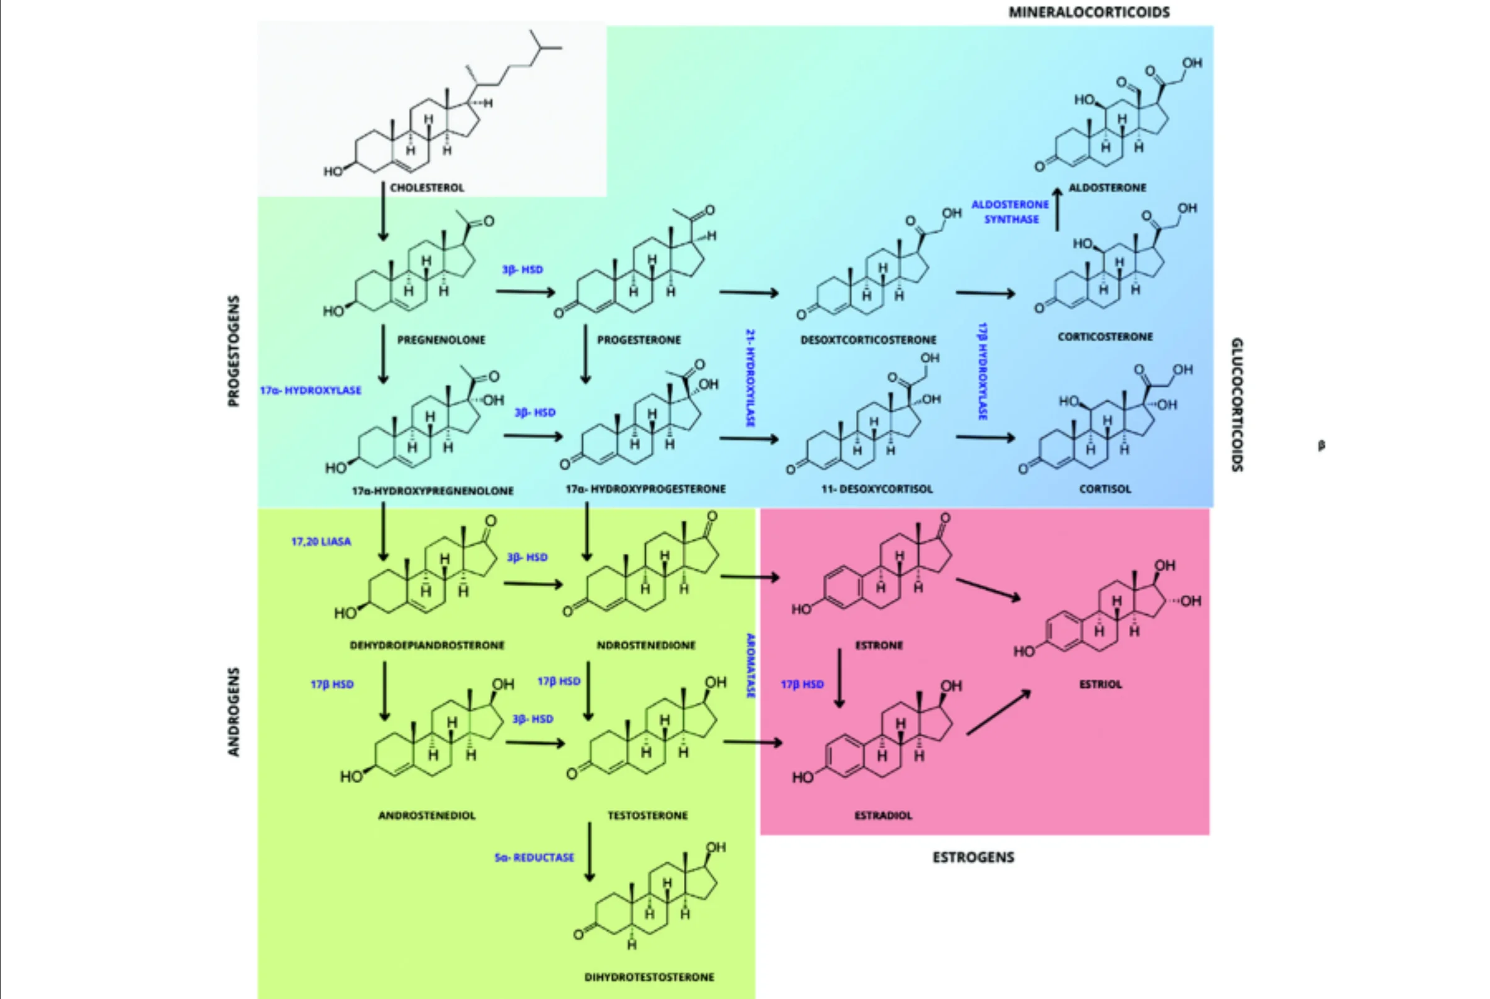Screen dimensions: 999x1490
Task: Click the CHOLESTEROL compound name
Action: (427, 188)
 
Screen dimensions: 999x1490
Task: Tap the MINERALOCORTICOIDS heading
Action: (1089, 12)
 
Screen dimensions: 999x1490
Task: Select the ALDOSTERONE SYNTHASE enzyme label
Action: (1010, 211)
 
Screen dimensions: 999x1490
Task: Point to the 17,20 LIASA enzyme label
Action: (321, 541)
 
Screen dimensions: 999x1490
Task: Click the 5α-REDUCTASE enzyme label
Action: (534, 857)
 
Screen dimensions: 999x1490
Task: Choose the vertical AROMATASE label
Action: (751, 666)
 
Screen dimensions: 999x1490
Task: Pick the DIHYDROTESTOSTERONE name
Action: (649, 977)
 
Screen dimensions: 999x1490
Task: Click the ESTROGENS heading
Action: (973, 857)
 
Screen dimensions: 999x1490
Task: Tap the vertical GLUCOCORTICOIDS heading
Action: (1236, 405)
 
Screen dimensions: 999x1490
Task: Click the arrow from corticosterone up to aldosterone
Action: (1057, 209)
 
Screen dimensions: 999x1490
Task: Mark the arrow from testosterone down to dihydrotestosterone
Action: (590, 851)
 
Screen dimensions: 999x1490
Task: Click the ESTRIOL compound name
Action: (1101, 684)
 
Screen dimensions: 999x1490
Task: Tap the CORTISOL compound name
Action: (1105, 489)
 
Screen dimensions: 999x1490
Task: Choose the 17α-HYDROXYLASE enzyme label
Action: (310, 390)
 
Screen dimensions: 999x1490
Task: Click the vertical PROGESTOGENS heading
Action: (234, 350)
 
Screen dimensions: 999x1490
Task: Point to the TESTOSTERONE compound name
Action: (648, 816)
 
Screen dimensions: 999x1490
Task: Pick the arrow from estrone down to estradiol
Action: (839, 678)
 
